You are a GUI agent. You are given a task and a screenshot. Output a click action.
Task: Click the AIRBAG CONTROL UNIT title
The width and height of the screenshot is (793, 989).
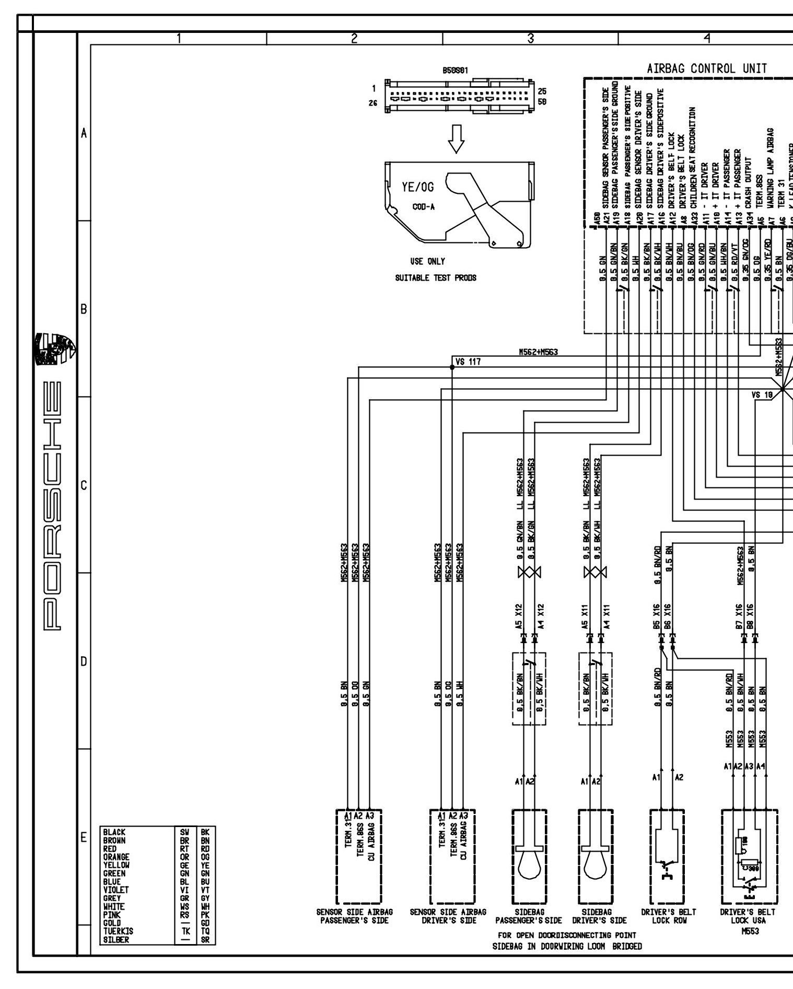point(707,68)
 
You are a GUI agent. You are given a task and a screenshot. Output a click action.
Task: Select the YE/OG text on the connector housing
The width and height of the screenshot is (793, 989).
point(418,187)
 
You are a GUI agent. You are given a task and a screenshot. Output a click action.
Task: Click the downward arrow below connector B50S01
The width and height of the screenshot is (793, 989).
point(457,138)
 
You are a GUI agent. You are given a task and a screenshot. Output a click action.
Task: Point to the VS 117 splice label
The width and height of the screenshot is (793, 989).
point(468,362)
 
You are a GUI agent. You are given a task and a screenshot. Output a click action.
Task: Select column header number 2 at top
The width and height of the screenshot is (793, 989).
point(354,38)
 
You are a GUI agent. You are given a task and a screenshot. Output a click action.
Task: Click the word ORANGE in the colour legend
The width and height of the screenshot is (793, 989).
point(116,857)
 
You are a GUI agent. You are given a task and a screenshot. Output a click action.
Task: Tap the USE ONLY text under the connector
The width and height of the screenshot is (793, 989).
point(428,261)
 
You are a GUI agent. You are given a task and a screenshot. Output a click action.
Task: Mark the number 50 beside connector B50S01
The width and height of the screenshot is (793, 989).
point(542,102)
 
